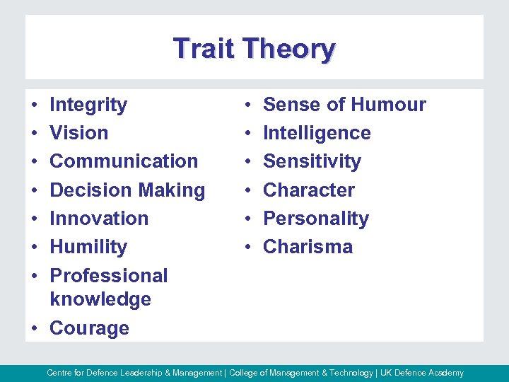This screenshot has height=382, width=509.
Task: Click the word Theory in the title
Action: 288,49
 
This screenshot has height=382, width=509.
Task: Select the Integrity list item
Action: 88,105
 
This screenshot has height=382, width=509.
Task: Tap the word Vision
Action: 79,133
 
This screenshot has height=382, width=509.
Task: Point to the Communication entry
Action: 124,161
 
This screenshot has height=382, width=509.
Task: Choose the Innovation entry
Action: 99,219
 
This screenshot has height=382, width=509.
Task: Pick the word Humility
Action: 88,247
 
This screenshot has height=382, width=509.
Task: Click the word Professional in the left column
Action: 109,275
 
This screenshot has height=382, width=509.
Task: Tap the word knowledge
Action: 100,299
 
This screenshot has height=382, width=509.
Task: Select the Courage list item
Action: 89,328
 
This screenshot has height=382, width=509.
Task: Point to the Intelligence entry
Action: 317,133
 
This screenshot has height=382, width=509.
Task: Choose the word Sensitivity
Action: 312,161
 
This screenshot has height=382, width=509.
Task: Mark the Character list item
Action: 309,190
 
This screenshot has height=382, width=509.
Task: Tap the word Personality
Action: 316,219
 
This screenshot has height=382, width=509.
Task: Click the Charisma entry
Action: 308,247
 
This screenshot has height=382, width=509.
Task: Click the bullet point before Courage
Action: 35,329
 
